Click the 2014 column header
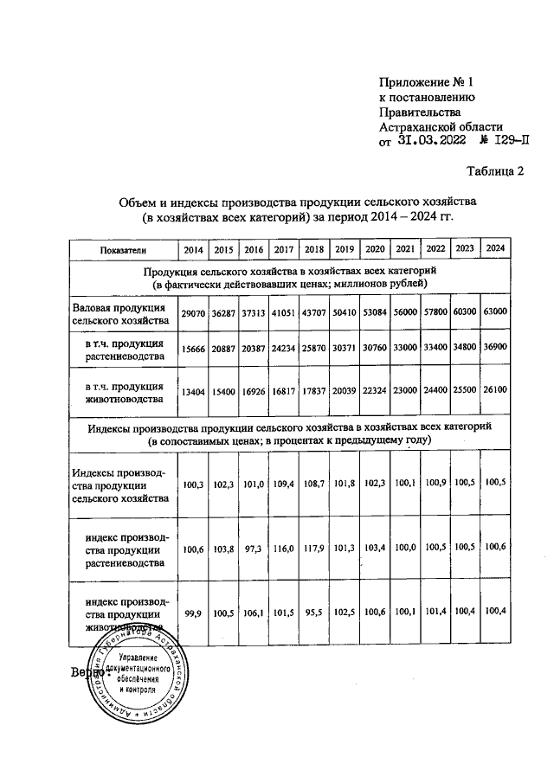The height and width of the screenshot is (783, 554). pos(193,250)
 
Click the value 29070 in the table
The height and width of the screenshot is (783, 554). pos(193,312)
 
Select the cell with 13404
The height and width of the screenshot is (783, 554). pos(193,390)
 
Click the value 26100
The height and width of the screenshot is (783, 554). pos(495,389)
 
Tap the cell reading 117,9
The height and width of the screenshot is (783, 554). pos(313,549)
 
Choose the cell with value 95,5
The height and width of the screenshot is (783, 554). pos(313,612)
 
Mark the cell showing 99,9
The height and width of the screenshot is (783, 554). pos(193,612)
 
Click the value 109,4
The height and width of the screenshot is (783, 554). pos(283,487)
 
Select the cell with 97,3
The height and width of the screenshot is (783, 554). pos(253,549)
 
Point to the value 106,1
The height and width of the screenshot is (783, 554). pos(253,612)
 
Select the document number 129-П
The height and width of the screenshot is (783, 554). pos(506,142)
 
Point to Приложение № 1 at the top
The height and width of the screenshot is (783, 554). pos(429,83)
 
